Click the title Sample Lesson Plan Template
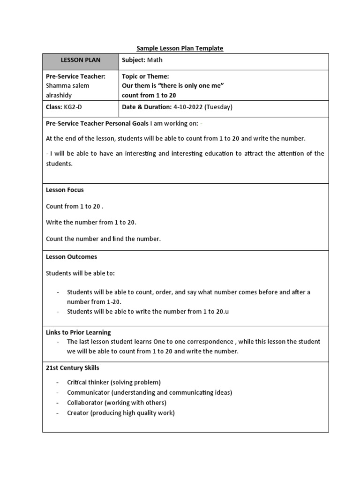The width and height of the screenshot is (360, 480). point(180,48)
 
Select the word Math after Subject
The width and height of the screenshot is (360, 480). point(155,60)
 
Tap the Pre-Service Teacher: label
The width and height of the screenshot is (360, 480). point(75,76)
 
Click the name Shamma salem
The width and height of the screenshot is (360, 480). point(67,85)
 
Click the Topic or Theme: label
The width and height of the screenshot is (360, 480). point(145,76)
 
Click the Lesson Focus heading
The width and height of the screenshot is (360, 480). point(65,190)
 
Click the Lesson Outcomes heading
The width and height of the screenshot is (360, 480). point(71,257)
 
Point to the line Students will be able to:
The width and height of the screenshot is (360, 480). point(80,273)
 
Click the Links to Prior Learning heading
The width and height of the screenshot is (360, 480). point(78,332)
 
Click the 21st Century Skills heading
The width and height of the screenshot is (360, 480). point(72,367)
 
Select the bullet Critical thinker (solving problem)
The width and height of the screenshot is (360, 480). point(114,382)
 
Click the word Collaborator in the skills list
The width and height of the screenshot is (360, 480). point(85,403)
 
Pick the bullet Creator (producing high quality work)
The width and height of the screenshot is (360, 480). point(120,413)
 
